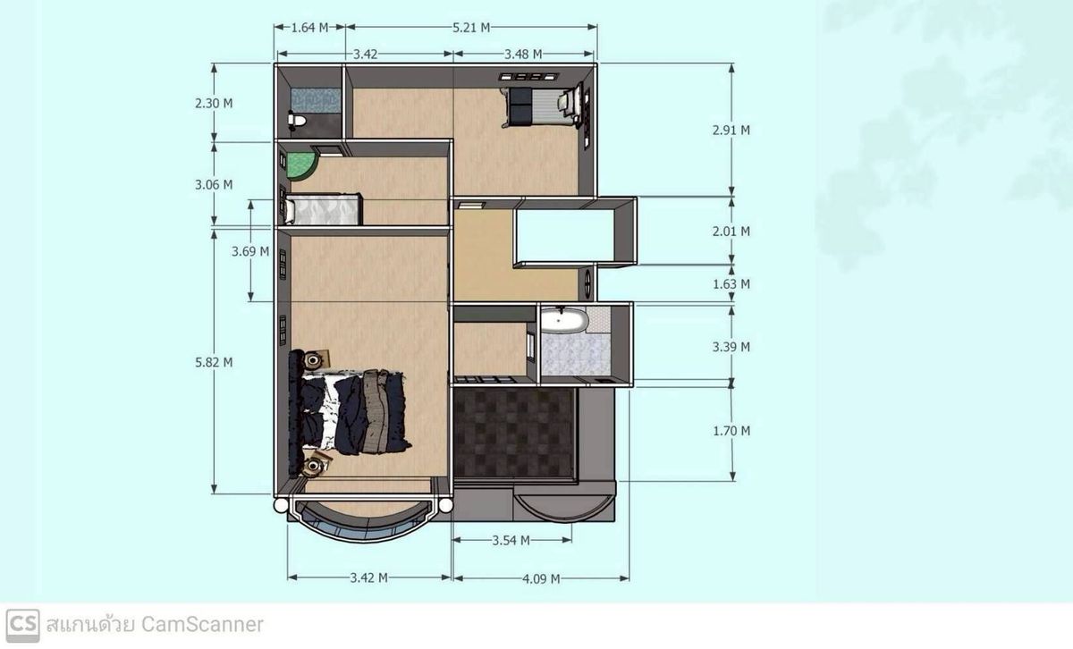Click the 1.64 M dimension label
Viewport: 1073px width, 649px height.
pos(310,28)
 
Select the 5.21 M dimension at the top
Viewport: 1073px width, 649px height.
pos(471,28)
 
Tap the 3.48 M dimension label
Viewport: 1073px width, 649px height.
pos(523,55)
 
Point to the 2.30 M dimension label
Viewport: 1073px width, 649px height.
pos(214,104)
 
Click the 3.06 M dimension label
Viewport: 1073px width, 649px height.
pos(214,185)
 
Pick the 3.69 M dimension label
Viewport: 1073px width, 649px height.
pos(250,251)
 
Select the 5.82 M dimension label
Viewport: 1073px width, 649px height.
pos(214,363)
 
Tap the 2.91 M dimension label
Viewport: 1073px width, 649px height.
pos(731,131)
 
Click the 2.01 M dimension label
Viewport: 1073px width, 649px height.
pos(731,232)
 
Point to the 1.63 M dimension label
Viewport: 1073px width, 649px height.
pos(731,284)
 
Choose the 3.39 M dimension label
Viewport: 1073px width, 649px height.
pos(731,347)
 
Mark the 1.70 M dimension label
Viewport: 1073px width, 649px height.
pos(731,431)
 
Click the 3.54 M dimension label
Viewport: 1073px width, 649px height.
pos(511,541)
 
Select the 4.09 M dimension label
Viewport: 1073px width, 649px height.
pos(541,579)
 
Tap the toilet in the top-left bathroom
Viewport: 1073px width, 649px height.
pos(296,120)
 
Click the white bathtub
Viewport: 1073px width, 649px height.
pos(563,320)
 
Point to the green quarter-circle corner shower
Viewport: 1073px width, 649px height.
pos(300,165)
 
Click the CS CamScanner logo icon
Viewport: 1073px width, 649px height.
pos(22,626)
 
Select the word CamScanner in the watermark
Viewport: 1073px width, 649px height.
pos(202,625)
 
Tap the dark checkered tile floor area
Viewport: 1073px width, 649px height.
pos(513,433)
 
